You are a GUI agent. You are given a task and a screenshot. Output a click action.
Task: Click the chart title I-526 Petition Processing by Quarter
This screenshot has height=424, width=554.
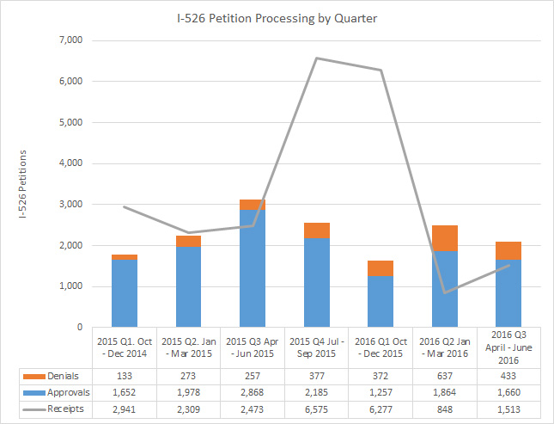pos(277,18)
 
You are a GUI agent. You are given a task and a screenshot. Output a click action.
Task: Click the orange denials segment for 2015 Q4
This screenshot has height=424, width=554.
pos(317,230)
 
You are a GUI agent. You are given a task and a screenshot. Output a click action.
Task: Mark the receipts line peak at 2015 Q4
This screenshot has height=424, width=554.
pos(317,58)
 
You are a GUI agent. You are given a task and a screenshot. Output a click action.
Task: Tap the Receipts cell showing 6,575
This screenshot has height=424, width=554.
pos(317,409)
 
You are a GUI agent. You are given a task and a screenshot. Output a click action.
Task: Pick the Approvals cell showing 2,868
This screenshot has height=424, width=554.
pos(253,392)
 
